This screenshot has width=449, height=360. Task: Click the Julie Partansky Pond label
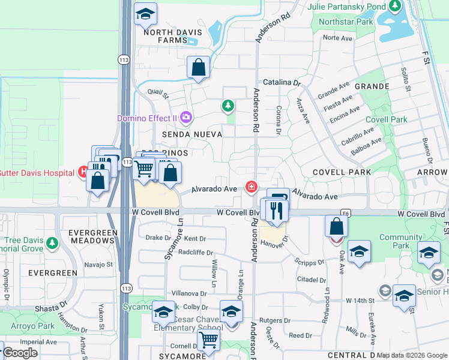(346, 7)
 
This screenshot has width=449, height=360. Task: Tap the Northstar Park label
(355, 22)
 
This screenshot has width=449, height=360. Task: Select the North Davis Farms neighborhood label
(164, 36)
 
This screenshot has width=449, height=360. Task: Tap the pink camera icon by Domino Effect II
(186, 117)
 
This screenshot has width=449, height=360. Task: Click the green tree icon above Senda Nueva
(228, 107)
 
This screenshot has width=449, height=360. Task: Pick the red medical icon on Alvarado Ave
(250, 188)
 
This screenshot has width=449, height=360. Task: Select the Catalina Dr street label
(281, 82)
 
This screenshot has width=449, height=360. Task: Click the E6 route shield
(345, 212)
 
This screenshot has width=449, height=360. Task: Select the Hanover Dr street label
(275, 242)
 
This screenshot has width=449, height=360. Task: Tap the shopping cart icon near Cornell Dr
(208, 340)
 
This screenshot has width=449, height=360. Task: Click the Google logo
(20, 352)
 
